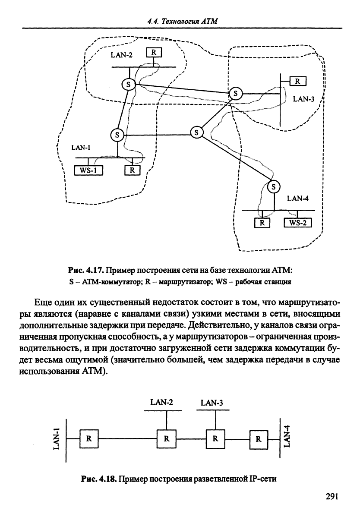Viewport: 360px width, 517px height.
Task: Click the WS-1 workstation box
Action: tap(88, 170)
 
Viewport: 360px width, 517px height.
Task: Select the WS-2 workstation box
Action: tap(298, 223)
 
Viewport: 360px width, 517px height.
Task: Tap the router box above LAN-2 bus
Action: tap(154, 52)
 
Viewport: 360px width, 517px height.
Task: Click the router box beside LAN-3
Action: tap(298, 81)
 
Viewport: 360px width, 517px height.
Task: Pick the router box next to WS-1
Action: tap(132, 170)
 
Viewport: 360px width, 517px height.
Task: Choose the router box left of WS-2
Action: tap(262, 223)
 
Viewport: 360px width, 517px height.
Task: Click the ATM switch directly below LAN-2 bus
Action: tap(128, 85)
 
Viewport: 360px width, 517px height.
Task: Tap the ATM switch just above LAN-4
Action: tap(274, 187)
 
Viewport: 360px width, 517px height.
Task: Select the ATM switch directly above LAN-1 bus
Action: tap(117, 135)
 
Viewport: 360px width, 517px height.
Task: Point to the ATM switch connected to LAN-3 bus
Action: tap(235, 93)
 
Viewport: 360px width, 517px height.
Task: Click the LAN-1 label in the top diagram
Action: tap(81, 148)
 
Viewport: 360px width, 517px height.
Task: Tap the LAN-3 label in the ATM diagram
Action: tap(303, 99)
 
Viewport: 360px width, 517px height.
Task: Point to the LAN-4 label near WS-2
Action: tap(298, 198)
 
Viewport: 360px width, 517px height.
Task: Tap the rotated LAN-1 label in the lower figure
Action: tap(57, 438)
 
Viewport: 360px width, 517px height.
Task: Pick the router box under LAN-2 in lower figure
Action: tap(166, 439)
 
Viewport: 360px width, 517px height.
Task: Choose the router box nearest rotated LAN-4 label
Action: tap(259, 439)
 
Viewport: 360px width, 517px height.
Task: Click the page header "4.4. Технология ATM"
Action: tap(182, 21)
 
